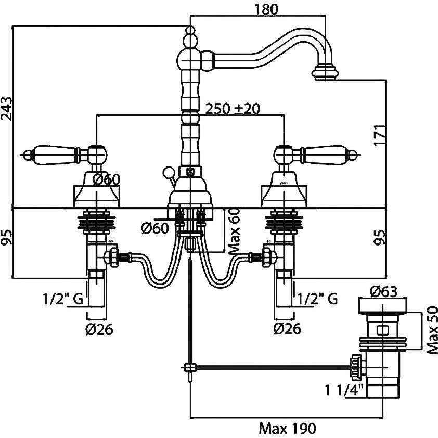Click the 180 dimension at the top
[x=265, y=9]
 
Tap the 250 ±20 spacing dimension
[x=233, y=109]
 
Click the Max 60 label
[x=235, y=228]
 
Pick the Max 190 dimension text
[x=287, y=428]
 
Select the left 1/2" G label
[x=62, y=299]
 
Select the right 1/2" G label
[x=318, y=299]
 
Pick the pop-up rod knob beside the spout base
[x=168, y=171]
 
